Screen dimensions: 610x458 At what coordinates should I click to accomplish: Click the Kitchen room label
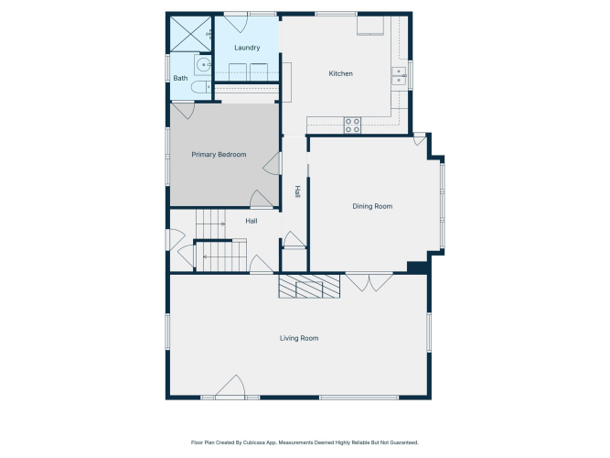(x=340, y=73)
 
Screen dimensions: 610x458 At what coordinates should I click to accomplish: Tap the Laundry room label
(x=247, y=48)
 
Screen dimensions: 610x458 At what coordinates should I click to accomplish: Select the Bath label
(x=180, y=78)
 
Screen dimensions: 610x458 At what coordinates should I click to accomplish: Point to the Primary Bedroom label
(x=219, y=155)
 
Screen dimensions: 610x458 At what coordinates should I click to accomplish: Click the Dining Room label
(x=372, y=206)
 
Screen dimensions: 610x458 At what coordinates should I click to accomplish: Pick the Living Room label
(x=299, y=338)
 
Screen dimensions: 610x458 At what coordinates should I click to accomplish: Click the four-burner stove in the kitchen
(x=352, y=125)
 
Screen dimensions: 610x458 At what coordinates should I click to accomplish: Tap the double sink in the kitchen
(x=399, y=76)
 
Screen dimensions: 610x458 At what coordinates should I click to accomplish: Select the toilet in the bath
(x=200, y=87)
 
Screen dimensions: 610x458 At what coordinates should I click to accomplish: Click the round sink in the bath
(x=203, y=65)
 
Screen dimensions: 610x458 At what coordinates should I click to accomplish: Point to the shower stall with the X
(x=190, y=34)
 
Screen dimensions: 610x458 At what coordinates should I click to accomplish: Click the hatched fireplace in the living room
(x=309, y=287)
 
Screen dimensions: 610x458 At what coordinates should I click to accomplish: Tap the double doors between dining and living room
(x=369, y=282)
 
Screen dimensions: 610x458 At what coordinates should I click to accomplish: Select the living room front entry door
(x=230, y=387)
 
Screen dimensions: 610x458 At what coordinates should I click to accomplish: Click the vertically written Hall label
(x=297, y=191)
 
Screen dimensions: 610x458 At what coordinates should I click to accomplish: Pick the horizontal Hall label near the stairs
(x=251, y=221)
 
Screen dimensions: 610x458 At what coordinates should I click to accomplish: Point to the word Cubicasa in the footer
(x=251, y=442)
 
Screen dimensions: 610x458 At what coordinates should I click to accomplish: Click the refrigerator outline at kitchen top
(x=370, y=26)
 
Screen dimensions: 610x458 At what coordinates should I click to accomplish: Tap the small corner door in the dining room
(x=420, y=139)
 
